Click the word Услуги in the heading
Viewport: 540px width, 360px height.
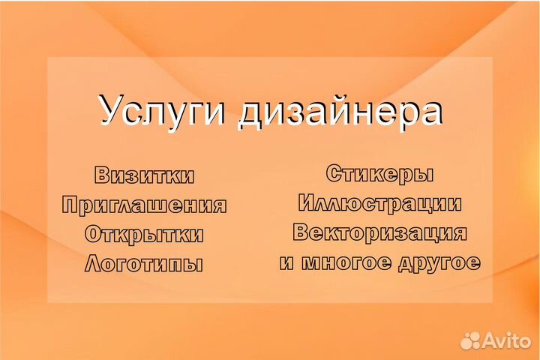(162, 111)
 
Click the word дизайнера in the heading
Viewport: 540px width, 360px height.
(339, 111)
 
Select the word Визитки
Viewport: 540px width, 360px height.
(145, 175)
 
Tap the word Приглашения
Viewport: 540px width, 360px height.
(145, 205)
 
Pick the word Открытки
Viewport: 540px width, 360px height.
(145, 234)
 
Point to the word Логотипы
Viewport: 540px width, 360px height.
(145, 264)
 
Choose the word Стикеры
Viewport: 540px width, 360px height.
(380, 174)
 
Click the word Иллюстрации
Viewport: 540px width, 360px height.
(380, 203)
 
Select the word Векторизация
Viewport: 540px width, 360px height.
(380, 232)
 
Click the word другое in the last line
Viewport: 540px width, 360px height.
(439, 263)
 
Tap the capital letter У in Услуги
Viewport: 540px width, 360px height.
(110, 111)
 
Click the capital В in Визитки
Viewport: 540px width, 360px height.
(103, 175)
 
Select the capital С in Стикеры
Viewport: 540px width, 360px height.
(334, 174)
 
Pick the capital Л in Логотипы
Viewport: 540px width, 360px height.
(94, 264)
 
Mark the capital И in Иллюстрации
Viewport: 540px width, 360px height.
(307, 203)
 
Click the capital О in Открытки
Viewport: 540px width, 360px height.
(94, 234)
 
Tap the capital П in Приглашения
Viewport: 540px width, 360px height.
(70, 205)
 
